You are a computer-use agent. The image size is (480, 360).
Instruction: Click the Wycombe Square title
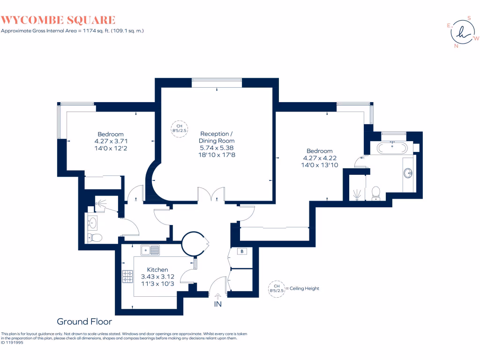pyautogui.click(x=58, y=20)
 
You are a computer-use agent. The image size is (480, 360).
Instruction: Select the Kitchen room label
pyautogui.click(x=157, y=270)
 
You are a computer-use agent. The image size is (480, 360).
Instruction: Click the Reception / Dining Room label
pyautogui.click(x=216, y=137)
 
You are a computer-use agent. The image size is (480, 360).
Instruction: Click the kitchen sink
pyautogui.click(x=150, y=250)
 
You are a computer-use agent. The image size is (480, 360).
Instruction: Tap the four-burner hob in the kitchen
pyautogui.click(x=128, y=277)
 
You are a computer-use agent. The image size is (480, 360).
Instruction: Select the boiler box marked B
pyautogui.click(x=242, y=252)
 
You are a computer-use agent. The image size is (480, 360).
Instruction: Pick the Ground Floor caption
pyautogui.click(x=84, y=322)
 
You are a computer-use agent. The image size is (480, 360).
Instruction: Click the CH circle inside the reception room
pyautogui.click(x=179, y=128)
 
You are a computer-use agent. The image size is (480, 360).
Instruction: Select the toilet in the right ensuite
pyautogui.click(x=375, y=192)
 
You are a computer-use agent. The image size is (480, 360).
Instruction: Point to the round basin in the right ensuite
pyautogui.click(x=408, y=173)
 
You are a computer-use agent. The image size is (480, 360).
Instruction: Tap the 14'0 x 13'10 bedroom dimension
pyautogui.click(x=320, y=165)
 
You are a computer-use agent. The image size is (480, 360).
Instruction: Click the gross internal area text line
pyautogui.click(x=72, y=30)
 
